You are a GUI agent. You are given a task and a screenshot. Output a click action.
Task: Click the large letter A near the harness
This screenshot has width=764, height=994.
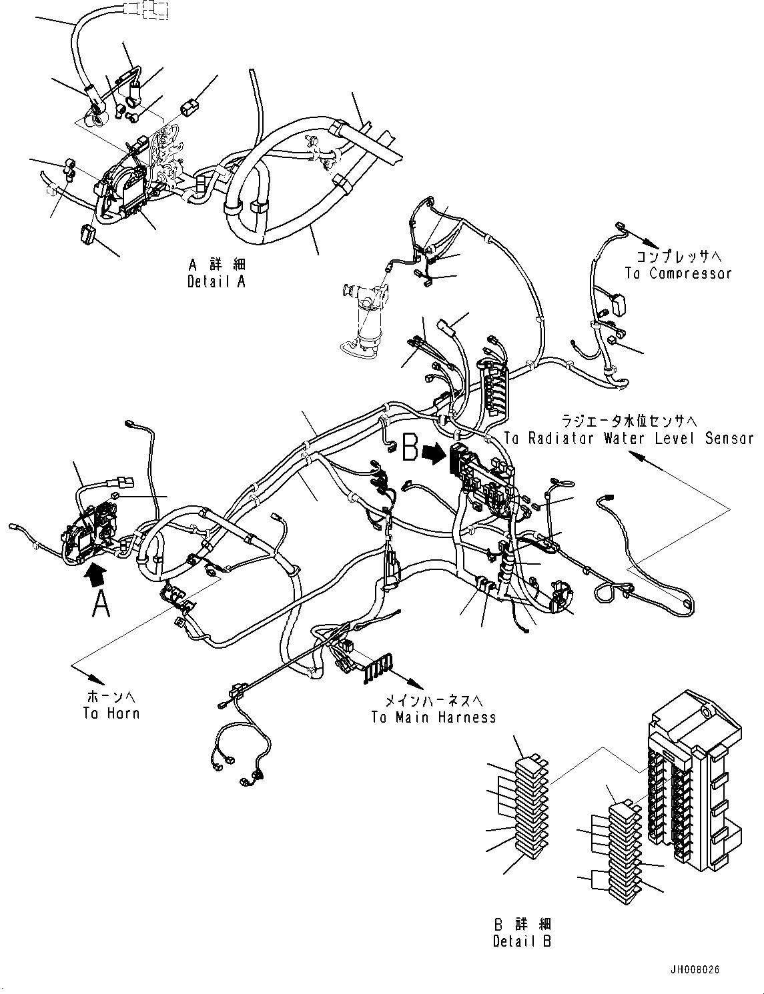[x=100, y=604]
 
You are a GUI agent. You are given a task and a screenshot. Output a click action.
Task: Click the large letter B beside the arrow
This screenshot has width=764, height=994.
[x=411, y=449]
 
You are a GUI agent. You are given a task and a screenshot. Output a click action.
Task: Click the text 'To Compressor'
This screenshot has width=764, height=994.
[x=678, y=273]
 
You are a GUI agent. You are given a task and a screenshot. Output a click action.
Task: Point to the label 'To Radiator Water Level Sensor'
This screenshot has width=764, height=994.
[x=629, y=438]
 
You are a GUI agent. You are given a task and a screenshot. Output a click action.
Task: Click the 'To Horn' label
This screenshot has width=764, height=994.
[x=111, y=713]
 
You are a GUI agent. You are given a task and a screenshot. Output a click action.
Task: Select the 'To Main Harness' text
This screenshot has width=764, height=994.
[x=434, y=717]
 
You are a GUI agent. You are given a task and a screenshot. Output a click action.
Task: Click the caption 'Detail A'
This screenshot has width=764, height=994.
[x=216, y=281]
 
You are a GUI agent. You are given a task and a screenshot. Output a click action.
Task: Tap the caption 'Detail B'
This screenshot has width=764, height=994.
[x=522, y=941]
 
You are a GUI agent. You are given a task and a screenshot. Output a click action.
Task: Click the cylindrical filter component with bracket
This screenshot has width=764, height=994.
[x=366, y=320]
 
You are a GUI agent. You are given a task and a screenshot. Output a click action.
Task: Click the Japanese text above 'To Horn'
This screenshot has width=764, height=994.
[x=111, y=697]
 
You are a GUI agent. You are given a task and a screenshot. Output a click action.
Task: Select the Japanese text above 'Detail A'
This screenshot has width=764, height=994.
[x=217, y=265]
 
